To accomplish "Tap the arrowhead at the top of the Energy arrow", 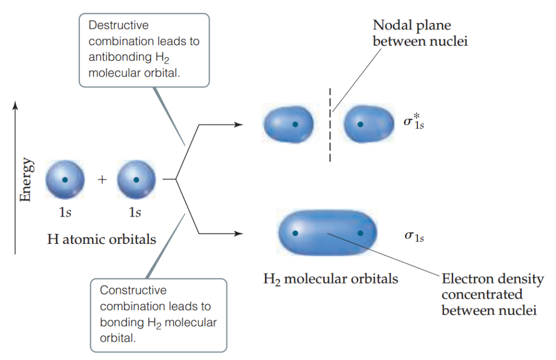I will click(16, 103).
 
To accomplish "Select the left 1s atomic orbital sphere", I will click(65, 180).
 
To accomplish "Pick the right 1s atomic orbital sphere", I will click(136, 180).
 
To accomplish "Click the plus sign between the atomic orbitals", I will click(102, 180).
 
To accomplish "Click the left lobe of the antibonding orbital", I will click(289, 124).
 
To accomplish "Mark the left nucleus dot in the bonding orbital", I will click(295, 233).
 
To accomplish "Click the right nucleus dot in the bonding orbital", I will click(360, 233).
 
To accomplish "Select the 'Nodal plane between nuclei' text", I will click(412, 33).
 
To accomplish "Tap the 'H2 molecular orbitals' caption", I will click(331, 280).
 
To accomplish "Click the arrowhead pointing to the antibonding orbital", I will click(239, 124).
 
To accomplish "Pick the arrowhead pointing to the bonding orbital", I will click(239, 234).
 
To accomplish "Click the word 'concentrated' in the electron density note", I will click(482, 295).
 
